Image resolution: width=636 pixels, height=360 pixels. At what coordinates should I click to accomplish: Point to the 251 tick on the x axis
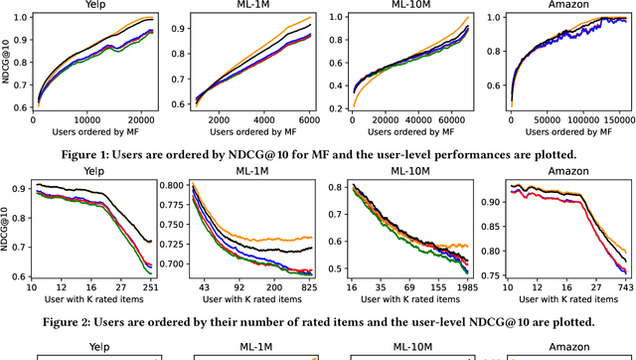tap(147, 289)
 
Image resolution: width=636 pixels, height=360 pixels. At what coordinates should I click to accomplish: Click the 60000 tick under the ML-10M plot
tap(446, 118)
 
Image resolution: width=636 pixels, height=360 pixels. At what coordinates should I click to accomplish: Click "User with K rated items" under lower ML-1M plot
tap(247, 301)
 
